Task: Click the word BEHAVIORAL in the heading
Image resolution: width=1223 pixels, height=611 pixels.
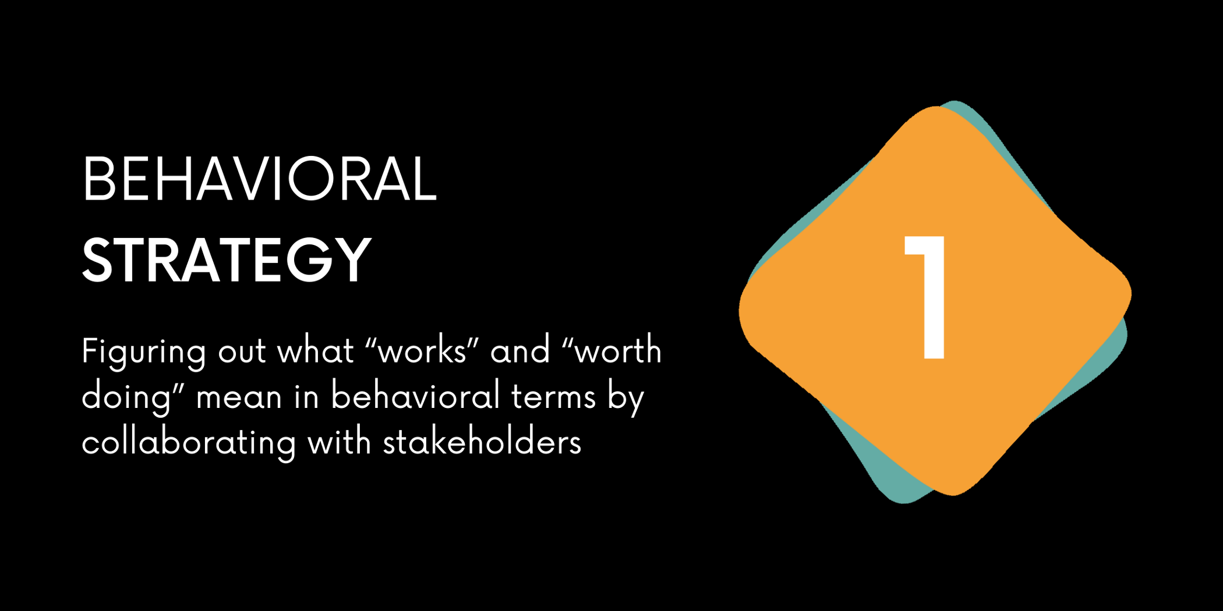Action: coord(260,179)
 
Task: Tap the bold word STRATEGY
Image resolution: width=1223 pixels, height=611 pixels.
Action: coord(227,260)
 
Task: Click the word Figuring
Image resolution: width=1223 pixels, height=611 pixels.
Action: coord(144,353)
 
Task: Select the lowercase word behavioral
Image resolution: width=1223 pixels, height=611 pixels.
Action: coord(415,396)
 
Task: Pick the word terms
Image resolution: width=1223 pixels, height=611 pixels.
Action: coord(553,397)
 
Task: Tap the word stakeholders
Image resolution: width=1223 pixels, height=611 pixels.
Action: coord(482,442)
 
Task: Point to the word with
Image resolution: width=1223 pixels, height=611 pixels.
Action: coord(340,442)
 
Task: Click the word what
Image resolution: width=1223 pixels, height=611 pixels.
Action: coord(316,351)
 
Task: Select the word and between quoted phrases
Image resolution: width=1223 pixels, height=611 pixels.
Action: coord(520,351)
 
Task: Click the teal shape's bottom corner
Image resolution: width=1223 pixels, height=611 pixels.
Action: coord(904,502)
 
